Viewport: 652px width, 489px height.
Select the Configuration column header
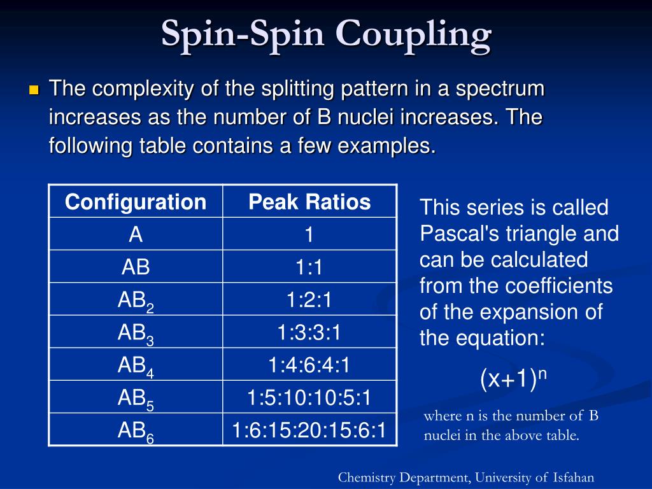[x=136, y=202]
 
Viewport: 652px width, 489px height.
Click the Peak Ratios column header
[x=309, y=202]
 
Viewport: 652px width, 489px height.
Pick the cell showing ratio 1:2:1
[x=309, y=300]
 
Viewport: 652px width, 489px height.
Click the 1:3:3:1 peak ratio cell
[x=309, y=332]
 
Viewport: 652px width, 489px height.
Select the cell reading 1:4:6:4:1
[x=309, y=365]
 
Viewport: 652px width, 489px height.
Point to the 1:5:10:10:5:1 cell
[x=309, y=398]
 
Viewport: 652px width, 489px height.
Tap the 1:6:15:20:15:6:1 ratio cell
[x=309, y=430]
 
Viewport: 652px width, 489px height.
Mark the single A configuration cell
[x=136, y=235]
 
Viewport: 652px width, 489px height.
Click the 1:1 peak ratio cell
[x=309, y=267]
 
